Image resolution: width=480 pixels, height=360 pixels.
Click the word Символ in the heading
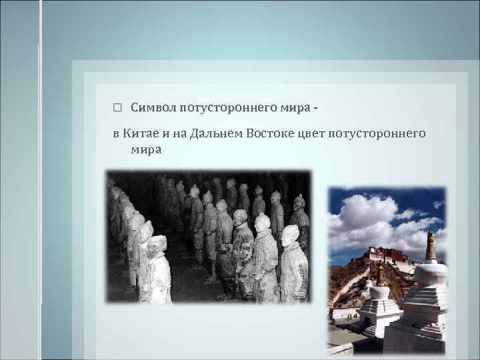click(153, 107)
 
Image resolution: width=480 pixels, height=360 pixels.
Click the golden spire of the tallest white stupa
click(430, 246)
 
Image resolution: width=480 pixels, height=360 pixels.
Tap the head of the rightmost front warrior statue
click(290, 234)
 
